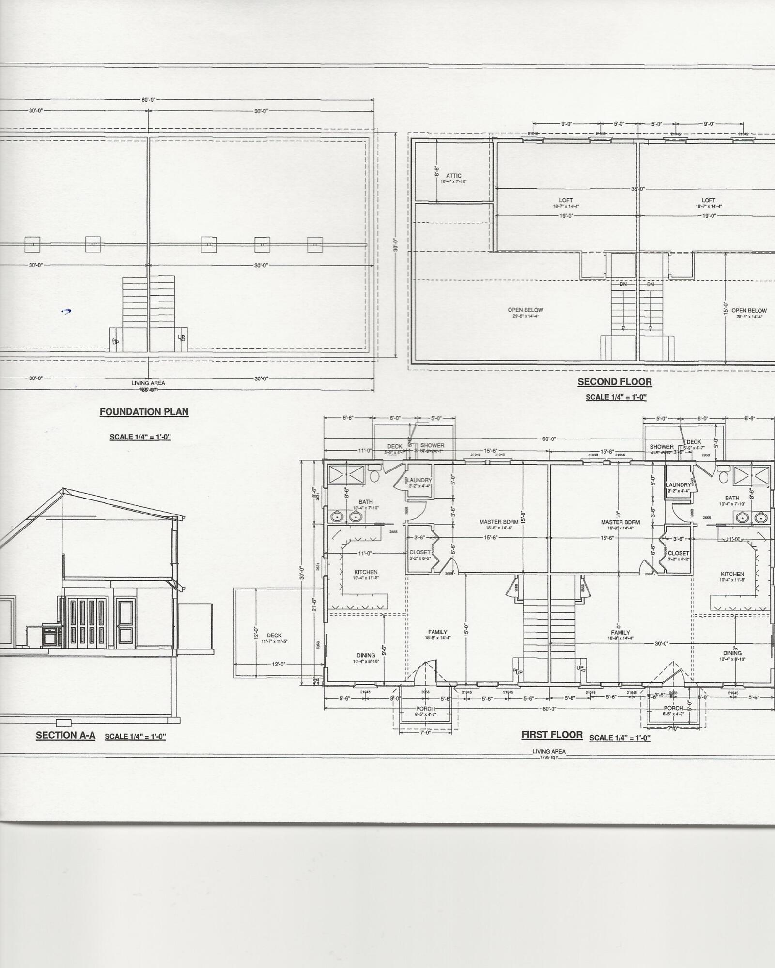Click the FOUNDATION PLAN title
tap(144, 412)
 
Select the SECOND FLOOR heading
tap(614, 382)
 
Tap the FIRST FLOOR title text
tap(552, 735)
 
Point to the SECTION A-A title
tap(65, 736)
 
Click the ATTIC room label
tap(454, 176)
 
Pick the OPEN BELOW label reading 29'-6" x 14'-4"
tap(526, 310)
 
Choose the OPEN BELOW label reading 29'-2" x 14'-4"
tap(749, 311)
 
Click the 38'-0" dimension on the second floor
tap(637, 189)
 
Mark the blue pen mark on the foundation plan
tap(66, 312)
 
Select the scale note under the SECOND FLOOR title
tap(616, 397)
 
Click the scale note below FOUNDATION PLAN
tap(140, 437)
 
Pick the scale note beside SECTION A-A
tap(135, 737)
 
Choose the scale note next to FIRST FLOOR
tap(620, 738)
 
